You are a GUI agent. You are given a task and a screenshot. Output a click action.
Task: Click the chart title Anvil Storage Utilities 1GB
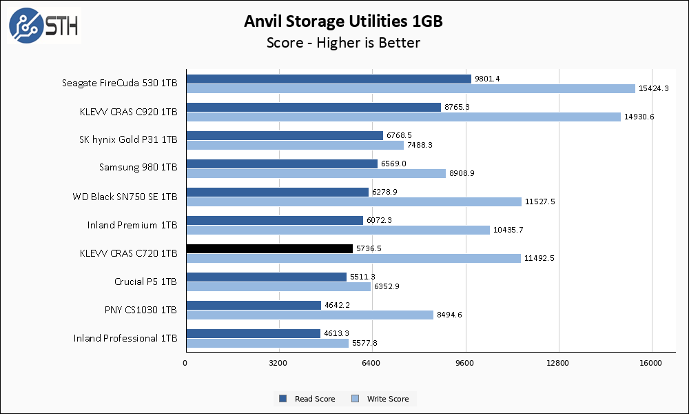[x=343, y=21]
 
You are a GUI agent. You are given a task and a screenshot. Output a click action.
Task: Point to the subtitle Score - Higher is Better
[x=343, y=43]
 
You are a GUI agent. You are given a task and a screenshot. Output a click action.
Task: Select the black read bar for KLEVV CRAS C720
[x=269, y=248]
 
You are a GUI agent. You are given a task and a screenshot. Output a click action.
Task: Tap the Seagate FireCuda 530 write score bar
[x=410, y=88]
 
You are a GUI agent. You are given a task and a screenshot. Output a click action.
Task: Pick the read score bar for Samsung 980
[x=281, y=164]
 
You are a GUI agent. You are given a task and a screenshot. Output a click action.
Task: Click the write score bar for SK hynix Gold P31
[x=294, y=145]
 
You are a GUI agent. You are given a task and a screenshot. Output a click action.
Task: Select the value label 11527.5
[x=541, y=201]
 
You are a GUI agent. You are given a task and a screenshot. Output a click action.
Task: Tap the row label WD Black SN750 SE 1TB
[x=125, y=197]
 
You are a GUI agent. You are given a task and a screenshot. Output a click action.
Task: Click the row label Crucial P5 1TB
[x=145, y=282]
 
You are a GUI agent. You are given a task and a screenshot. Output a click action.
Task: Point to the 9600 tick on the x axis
[x=465, y=363]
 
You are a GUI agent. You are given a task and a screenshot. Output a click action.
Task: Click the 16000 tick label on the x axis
[x=651, y=363]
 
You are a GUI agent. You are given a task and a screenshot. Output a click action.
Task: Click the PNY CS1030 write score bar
[x=309, y=315]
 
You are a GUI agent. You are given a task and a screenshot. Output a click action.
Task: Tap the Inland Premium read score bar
[x=274, y=220]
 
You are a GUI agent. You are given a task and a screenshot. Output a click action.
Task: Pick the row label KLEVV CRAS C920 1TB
[x=129, y=112]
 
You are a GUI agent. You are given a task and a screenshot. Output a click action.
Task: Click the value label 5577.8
[x=368, y=343]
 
